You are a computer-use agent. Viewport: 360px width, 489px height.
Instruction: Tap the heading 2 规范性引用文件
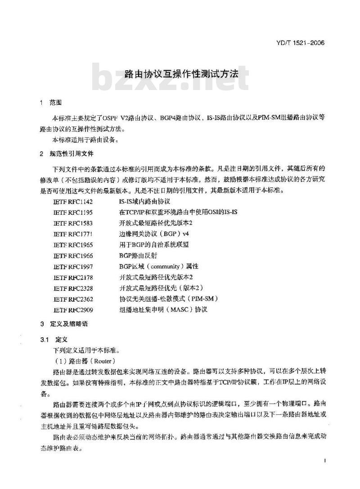[x=66, y=154]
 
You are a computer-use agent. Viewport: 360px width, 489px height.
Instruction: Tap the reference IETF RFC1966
[x=73, y=255]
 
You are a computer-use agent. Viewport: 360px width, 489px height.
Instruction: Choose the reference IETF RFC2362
[x=73, y=298]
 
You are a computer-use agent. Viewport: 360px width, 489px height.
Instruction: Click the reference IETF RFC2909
[x=73, y=309]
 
